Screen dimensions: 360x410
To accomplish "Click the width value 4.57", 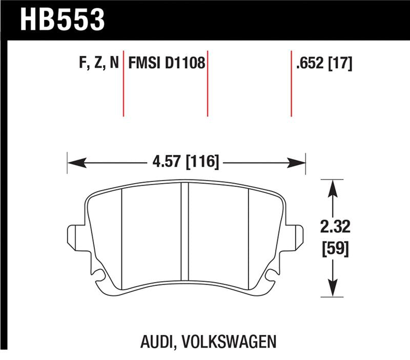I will [x=167, y=163].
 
